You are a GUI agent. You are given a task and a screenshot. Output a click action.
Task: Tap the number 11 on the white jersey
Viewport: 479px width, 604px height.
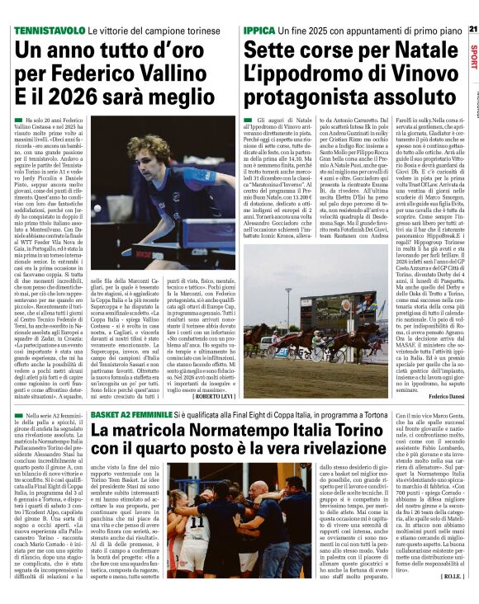pyautogui.click(x=197, y=521)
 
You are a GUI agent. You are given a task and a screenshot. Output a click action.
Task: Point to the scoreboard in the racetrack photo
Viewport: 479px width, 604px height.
pyautogui.click(x=360, y=309)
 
